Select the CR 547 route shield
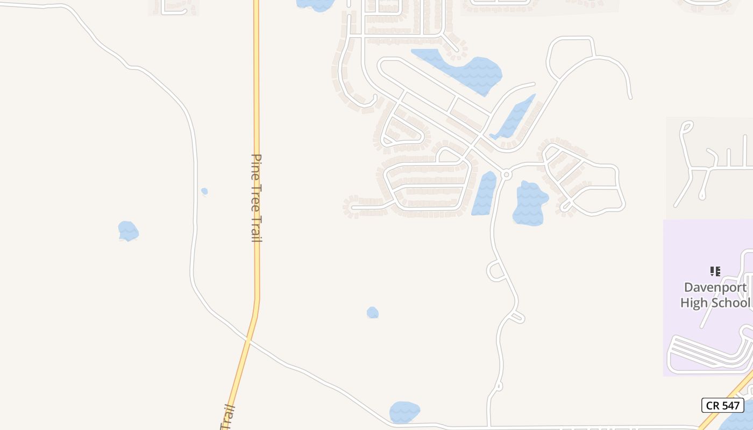[722, 405]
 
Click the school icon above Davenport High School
[715, 271]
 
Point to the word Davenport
[715, 287]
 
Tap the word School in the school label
[730, 303]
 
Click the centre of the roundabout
[506, 175]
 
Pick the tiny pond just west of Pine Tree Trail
[204, 191]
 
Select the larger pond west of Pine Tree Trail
[128, 231]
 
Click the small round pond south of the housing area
[372, 312]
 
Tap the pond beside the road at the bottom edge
[404, 412]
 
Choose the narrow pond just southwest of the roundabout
[485, 193]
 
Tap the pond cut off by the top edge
[316, 4]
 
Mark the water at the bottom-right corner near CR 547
[738, 419]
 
